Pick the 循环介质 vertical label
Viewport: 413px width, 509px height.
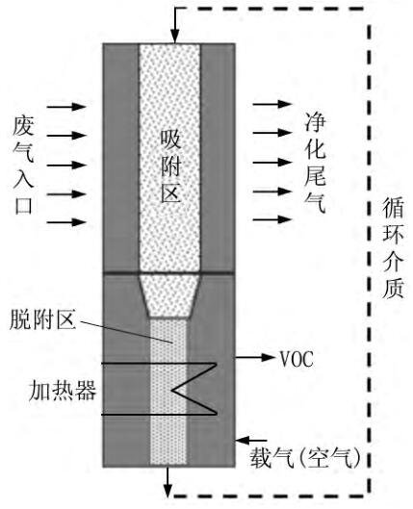pyautogui.click(x=392, y=250)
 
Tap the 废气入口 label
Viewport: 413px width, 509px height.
pyautogui.click(x=24, y=164)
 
